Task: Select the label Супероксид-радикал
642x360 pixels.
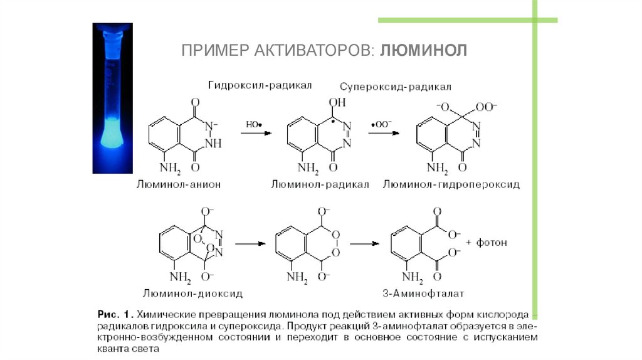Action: [396, 87]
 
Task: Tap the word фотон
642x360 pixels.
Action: [492, 242]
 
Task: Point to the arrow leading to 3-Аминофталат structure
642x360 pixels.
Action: [365, 243]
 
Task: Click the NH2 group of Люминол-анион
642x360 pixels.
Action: [171, 168]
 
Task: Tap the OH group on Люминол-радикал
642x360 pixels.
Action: [337, 102]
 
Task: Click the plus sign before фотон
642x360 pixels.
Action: [469, 242]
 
